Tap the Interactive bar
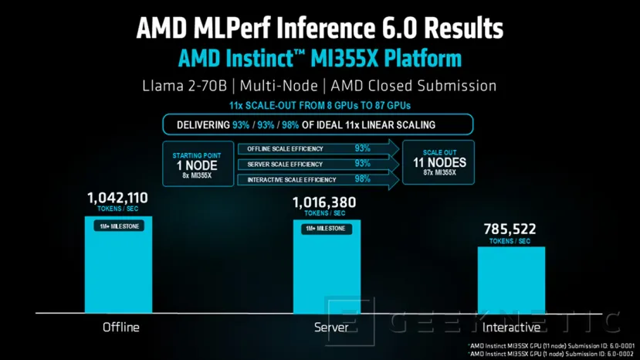pos(511,282)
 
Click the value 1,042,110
pos(117,199)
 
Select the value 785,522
pos(510,229)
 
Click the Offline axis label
pos(121,328)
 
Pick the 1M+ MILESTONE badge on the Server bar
pos(326,229)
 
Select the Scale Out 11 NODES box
pos(439,163)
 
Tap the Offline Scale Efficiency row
pos(309,148)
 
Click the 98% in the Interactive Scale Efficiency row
pos(362,179)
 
